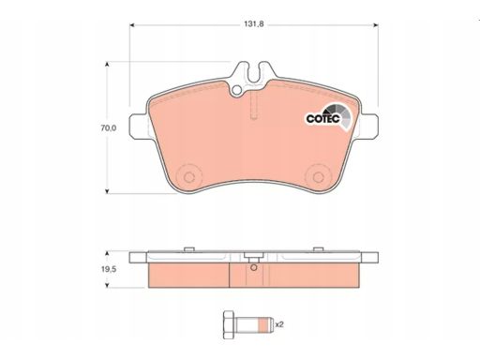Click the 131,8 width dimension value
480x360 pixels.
254,24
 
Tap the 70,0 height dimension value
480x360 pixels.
109,127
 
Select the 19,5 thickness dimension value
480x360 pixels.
109,269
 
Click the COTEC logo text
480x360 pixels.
322,119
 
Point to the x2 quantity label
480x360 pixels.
279,324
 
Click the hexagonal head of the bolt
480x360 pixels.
230,325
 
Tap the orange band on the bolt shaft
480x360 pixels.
265,325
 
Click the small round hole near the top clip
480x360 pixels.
237,90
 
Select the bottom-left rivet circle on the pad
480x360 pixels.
189,177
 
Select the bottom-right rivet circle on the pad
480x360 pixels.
318,177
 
